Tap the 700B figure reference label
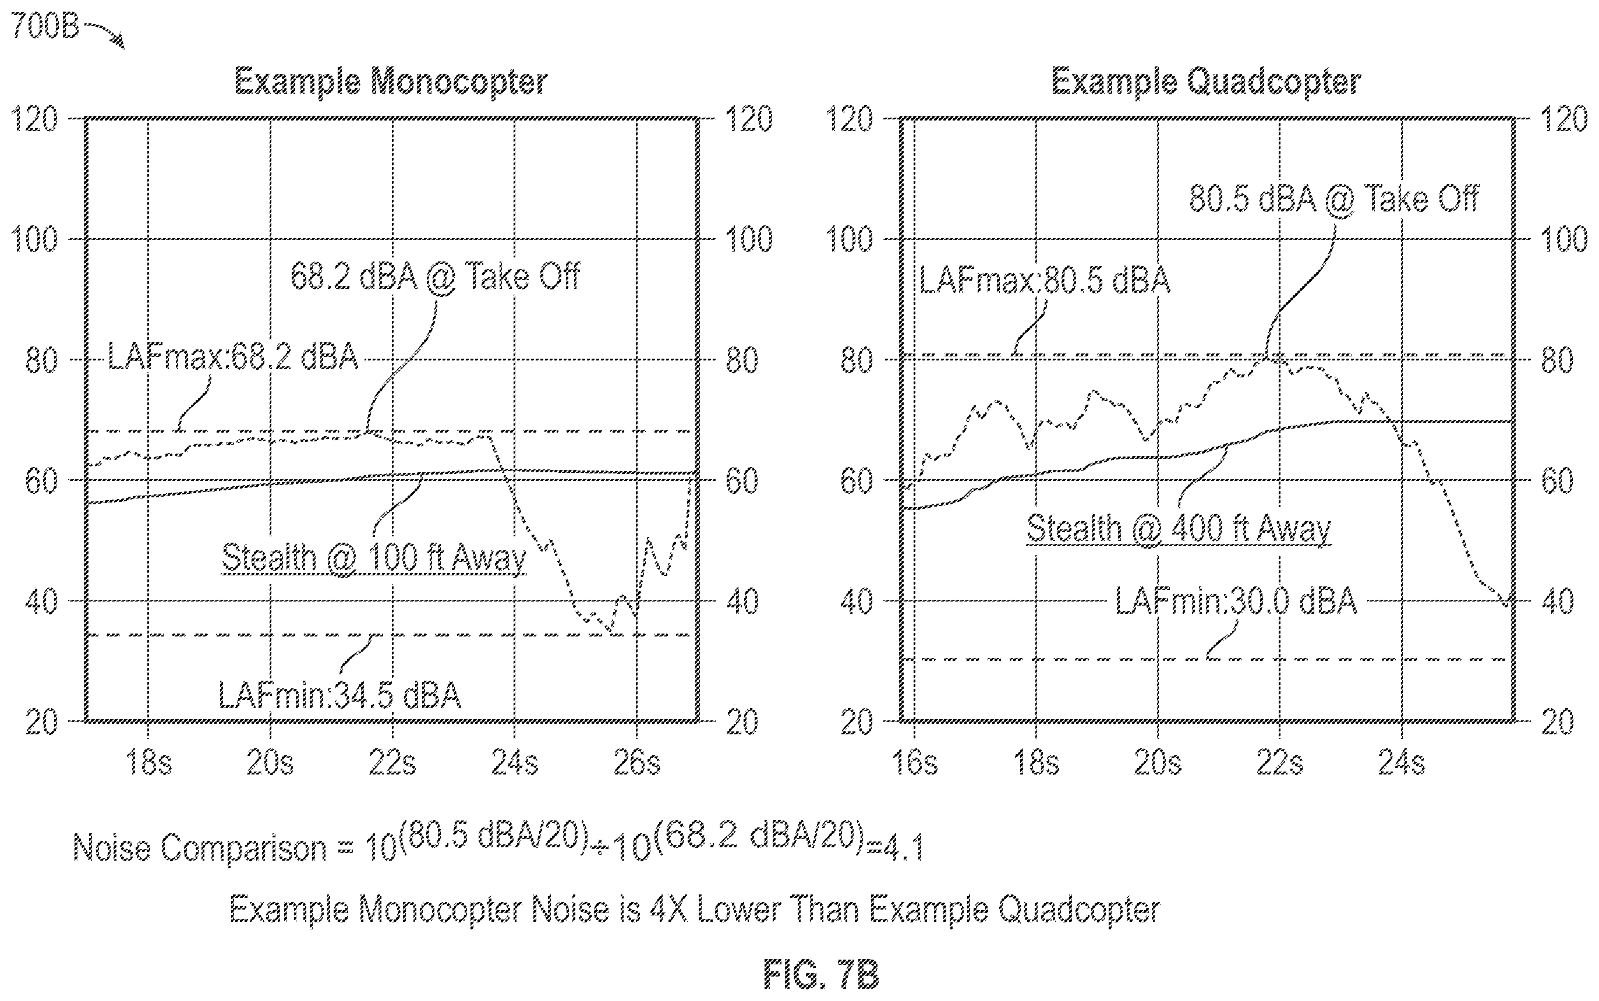tap(45, 27)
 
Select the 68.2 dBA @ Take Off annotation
tap(435, 275)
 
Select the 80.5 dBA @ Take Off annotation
tap(1333, 198)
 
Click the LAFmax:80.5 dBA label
tap(1045, 280)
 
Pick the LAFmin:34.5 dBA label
tap(339, 695)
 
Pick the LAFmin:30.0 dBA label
tap(1236, 601)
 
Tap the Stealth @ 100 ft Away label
tap(373, 557)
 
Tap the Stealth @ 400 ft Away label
tap(1179, 529)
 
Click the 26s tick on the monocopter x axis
tap(636, 763)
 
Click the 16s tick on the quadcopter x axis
tap(915, 763)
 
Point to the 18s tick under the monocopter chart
tap(148, 763)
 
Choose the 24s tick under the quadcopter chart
tap(1402, 763)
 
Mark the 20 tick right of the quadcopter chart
tap(1557, 721)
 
